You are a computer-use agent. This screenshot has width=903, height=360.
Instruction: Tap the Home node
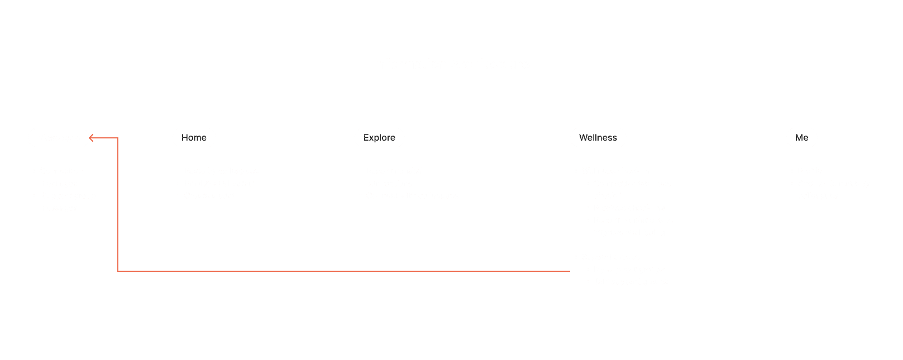[x=194, y=138]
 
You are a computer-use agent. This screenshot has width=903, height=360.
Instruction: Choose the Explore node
[x=379, y=138]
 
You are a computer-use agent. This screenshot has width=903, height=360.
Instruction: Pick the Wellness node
[x=598, y=138]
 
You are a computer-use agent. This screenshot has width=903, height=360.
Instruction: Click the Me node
[x=801, y=138]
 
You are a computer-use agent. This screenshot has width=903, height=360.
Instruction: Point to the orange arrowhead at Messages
[x=91, y=138]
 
